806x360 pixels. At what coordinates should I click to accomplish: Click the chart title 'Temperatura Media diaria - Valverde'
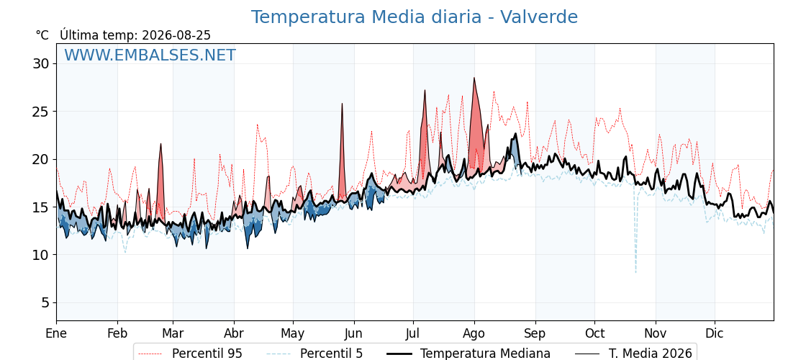click(415, 17)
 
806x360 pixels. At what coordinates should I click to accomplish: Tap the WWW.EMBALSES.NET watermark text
click(150, 55)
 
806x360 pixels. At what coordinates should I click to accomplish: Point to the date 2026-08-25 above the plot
click(176, 35)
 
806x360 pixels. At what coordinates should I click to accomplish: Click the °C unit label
click(42, 35)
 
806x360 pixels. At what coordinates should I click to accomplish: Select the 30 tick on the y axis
click(42, 64)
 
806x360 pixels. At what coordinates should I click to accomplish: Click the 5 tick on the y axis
click(46, 303)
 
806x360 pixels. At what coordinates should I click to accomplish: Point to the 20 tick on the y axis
click(42, 159)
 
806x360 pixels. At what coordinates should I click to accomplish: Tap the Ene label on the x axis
click(57, 333)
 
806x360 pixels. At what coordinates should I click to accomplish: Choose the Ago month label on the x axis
click(474, 334)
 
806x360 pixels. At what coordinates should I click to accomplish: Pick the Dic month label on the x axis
click(715, 333)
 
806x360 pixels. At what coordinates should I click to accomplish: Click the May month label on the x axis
click(293, 334)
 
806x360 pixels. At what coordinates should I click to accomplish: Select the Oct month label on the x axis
click(594, 333)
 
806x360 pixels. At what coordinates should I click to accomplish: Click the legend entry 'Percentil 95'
click(207, 354)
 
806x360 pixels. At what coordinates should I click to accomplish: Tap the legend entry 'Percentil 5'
click(331, 354)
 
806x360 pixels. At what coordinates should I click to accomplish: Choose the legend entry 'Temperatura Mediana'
click(485, 354)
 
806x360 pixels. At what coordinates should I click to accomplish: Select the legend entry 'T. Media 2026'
click(651, 354)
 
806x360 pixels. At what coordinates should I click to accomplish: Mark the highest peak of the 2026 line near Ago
click(474, 78)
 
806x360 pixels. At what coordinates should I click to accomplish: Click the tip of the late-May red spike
click(342, 104)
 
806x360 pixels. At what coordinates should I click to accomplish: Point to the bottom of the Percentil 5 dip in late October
click(636, 273)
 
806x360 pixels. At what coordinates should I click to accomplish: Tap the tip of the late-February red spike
click(161, 143)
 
